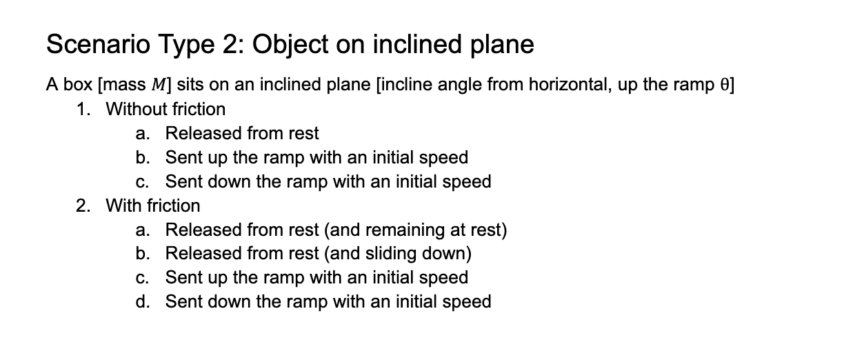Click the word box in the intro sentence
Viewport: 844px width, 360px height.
(77, 85)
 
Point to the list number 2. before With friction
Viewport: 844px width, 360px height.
(83, 206)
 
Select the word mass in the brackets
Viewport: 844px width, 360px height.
(123, 85)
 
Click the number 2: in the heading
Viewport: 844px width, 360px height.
(230, 45)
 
